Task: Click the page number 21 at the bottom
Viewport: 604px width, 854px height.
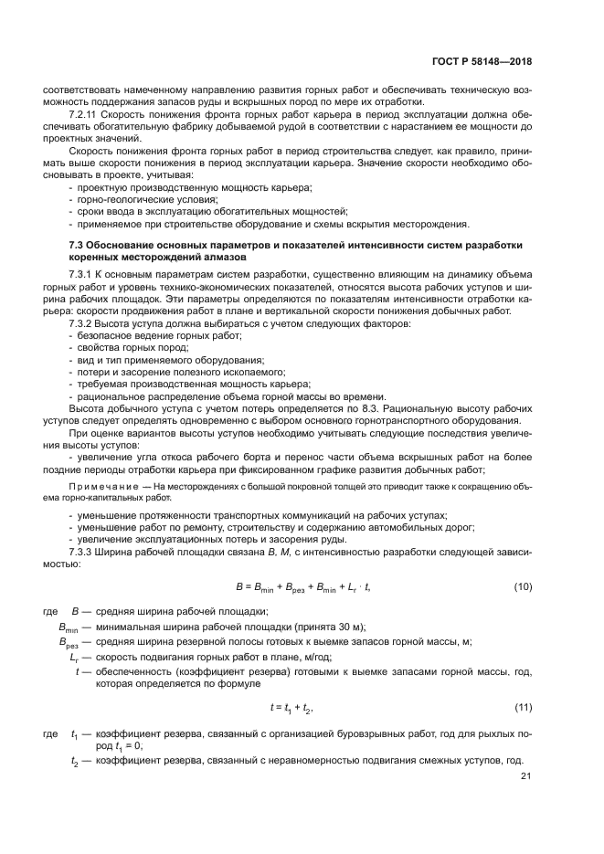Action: pyautogui.click(x=525, y=776)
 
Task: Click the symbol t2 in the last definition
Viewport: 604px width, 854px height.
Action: pyautogui.click(x=76, y=761)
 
